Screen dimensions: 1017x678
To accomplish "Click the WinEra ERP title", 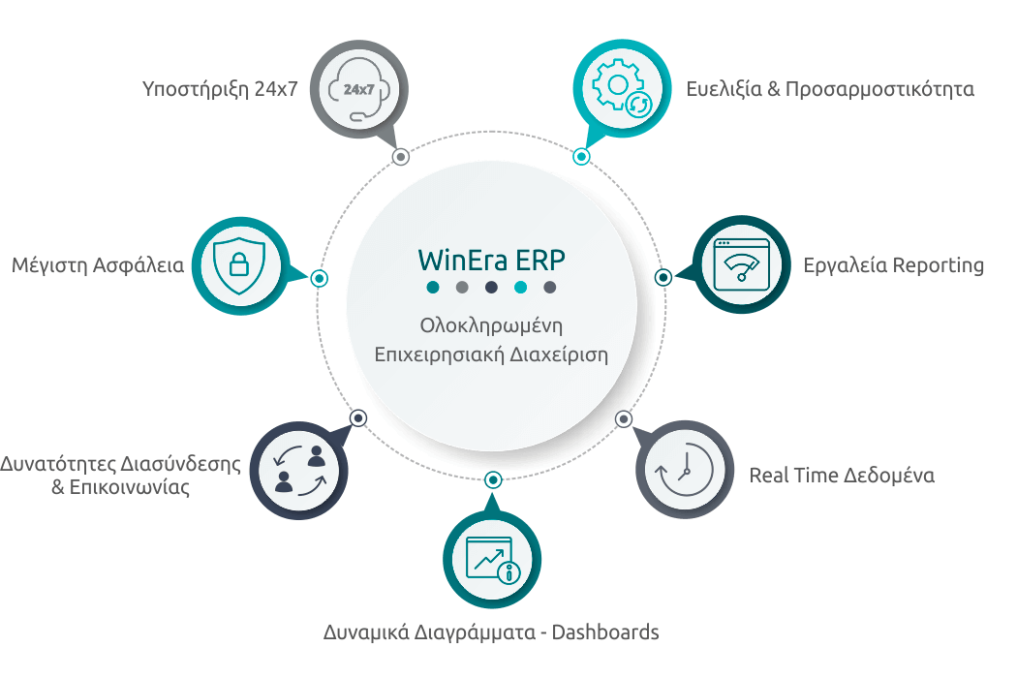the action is coord(491,261).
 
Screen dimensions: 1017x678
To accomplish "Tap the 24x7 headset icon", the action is coord(358,89).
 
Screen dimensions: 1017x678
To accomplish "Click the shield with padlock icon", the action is coord(239,265).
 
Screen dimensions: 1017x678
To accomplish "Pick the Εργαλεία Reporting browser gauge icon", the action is coord(741,264).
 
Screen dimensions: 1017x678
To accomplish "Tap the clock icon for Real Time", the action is coord(684,469).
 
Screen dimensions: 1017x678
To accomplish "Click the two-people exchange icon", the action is coord(299,471).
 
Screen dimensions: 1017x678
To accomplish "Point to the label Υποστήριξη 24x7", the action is coord(220,89).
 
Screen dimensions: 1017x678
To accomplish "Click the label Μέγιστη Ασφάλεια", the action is coord(98,265).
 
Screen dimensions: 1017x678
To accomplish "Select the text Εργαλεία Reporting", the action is coord(894,265).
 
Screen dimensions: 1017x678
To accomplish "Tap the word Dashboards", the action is coord(605,632).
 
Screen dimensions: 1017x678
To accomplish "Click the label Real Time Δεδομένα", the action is coord(842,476).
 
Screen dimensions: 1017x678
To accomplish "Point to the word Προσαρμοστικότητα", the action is coord(879,89).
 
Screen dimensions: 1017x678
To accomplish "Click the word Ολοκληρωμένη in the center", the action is coord(491,325).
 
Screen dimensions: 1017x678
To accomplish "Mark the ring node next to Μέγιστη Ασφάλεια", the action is coord(319,278).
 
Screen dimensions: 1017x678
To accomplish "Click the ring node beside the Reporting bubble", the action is coord(663,278).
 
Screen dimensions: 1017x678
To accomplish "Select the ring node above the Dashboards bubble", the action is coord(493,480).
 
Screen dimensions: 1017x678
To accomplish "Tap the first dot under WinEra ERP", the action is coord(433,288).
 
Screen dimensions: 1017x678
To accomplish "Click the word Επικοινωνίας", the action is coord(121,487).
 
